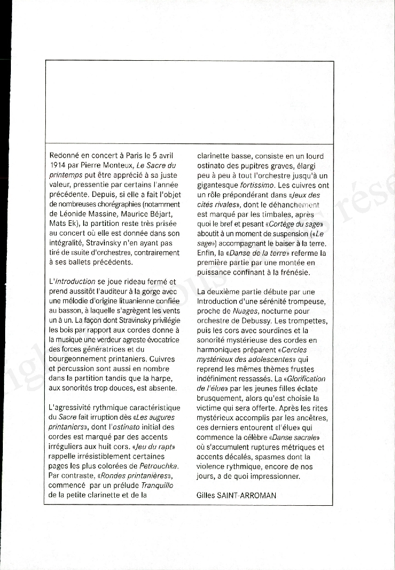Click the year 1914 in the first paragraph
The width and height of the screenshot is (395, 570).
click(x=59, y=165)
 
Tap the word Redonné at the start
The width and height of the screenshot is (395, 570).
click(x=66, y=156)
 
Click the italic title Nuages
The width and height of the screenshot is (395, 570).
click(x=244, y=311)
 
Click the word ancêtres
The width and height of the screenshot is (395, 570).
click(x=311, y=417)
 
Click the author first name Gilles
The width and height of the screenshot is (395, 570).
click(x=208, y=495)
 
